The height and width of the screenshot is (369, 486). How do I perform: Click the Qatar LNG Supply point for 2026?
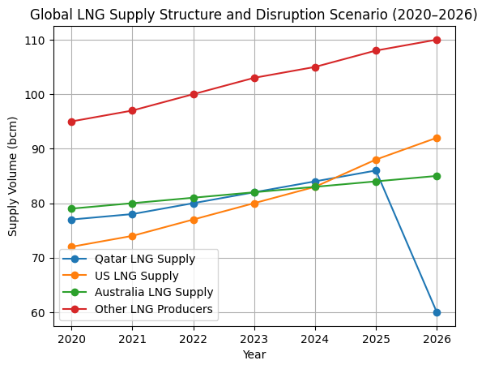[x=437, y=312]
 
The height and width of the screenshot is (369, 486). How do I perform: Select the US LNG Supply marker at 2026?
[x=437, y=138]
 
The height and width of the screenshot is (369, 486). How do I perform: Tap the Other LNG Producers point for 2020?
[x=72, y=122]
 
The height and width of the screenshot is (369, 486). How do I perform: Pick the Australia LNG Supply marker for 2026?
[x=437, y=176]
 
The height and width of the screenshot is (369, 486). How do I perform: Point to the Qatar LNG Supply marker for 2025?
[x=376, y=170]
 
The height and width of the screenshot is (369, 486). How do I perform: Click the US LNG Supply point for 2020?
[x=72, y=247]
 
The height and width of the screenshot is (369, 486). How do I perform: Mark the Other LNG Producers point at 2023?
[x=254, y=78]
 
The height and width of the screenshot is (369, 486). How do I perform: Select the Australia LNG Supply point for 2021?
[x=133, y=204]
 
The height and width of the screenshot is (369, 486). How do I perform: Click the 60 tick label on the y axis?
[x=42, y=312]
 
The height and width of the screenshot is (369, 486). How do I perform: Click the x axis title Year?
[x=254, y=354]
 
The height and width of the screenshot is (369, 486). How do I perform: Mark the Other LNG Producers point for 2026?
[x=437, y=40]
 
